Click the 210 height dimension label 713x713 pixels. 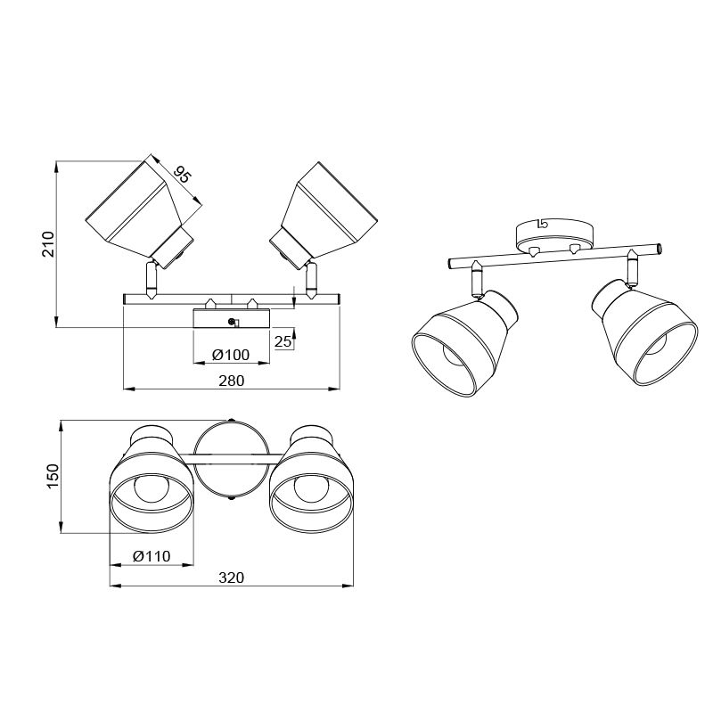tap(48, 244)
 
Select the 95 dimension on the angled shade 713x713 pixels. tap(182, 174)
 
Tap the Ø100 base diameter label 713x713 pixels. tap(231, 355)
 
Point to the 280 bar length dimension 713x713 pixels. tap(232, 381)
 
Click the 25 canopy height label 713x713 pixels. tap(283, 341)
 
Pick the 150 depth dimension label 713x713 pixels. tap(53, 476)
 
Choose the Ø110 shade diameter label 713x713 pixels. tap(152, 556)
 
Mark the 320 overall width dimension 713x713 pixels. tap(232, 578)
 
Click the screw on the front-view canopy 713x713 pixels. tap(232, 322)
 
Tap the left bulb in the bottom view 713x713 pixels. tap(152, 488)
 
